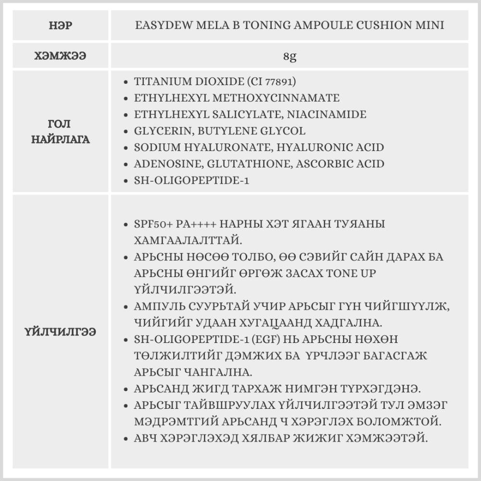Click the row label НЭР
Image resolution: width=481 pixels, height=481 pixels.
(x=61, y=25)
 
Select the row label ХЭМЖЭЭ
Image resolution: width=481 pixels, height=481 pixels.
(x=61, y=56)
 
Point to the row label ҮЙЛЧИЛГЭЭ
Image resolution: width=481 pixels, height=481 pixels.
(x=61, y=331)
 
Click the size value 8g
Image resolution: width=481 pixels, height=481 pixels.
(x=290, y=56)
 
